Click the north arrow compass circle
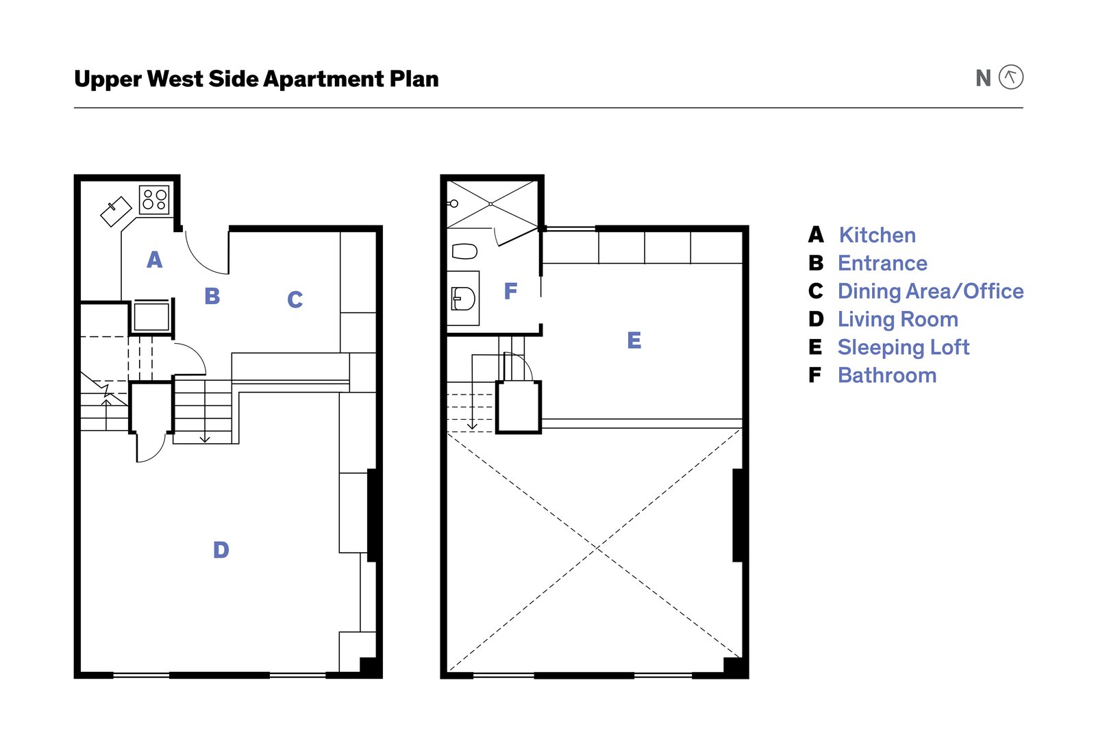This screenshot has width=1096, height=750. pyautogui.click(x=1010, y=77)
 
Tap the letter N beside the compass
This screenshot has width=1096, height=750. pyautogui.click(x=983, y=79)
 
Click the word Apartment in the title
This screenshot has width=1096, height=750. pyautogui.click(x=323, y=79)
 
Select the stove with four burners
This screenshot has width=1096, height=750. pyautogui.click(x=154, y=199)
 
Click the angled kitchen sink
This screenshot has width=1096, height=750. pyautogui.click(x=116, y=211)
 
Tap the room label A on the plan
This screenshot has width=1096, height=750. pyautogui.click(x=155, y=260)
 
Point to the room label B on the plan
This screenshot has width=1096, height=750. pyautogui.click(x=212, y=296)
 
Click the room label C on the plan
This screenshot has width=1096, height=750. pyautogui.click(x=295, y=299)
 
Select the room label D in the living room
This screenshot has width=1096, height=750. pyautogui.click(x=221, y=550)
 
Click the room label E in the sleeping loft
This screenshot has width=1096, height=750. pyautogui.click(x=634, y=340)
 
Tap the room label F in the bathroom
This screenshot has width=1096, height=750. pyautogui.click(x=510, y=292)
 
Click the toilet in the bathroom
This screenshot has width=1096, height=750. pyautogui.click(x=464, y=251)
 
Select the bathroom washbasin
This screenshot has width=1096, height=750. pyautogui.click(x=463, y=299)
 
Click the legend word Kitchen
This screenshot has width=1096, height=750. pyautogui.click(x=877, y=235)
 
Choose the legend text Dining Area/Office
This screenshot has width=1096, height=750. pyautogui.click(x=930, y=291)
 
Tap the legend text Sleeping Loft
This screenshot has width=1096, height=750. pyautogui.click(x=903, y=347)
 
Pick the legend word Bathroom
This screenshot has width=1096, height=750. pyautogui.click(x=886, y=375)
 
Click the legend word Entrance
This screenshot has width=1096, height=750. pyautogui.click(x=882, y=263)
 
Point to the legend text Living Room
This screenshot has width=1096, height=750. pyautogui.click(x=897, y=319)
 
